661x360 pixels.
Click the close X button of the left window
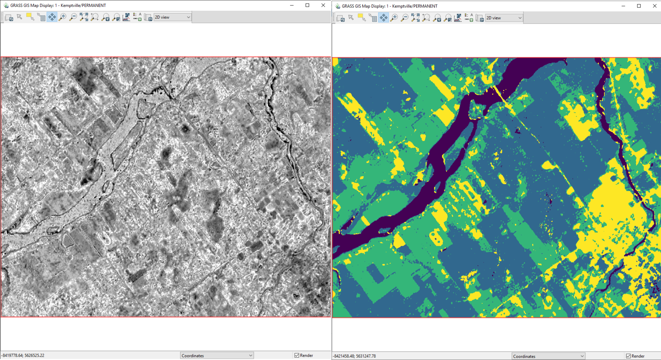click(x=323, y=5)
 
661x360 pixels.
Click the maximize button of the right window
click(x=639, y=6)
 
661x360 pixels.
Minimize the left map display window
click(x=292, y=5)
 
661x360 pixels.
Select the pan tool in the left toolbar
click(x=52, y=17)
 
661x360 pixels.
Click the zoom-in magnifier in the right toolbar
click(x=394, y=18)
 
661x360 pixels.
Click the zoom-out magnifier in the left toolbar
click(x=73, y=17)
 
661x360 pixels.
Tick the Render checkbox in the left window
click(x=297, y=355)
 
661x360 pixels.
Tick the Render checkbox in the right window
click(x=628, y=356)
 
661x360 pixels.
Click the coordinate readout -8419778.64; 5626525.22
click(x=23, y=355)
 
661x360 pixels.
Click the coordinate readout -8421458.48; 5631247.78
click(x=354, y=356)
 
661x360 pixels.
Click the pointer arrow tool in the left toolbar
click(x=19, y=17)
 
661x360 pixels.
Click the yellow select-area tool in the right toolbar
click(x=362, y=18)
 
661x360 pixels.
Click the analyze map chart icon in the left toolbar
click(x=126, y=17)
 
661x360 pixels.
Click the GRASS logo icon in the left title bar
click(x=6, y=5)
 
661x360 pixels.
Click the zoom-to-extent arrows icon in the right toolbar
click(x=415, y=18)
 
